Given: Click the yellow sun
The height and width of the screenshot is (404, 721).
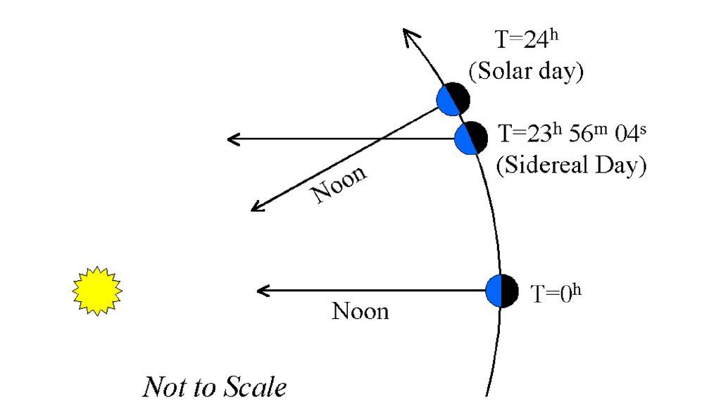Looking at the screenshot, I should pos(97,290).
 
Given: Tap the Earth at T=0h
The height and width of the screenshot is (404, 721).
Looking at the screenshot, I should pos(502,291).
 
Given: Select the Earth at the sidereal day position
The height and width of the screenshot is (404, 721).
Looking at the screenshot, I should pos(470,139).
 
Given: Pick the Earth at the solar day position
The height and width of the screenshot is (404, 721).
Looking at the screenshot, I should pos(453,99).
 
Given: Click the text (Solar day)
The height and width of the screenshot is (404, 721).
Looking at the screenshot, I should pos(526,70).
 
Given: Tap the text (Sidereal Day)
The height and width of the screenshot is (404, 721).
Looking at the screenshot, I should pos(571,165).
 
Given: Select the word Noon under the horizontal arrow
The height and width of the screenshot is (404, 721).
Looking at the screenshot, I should pos(360,310).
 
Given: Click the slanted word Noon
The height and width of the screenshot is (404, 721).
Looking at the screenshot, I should pos(340,184).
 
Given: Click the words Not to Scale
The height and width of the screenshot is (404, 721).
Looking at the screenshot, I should pos(215,387).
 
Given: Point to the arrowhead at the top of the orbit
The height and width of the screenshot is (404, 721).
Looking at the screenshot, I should pos(410,37).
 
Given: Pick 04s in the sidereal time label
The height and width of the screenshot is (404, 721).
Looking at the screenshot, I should pos(625,133).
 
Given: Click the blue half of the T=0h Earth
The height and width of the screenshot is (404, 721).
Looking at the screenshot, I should pos(494,291).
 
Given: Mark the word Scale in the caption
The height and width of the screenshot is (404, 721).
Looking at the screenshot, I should pos(256,387).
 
